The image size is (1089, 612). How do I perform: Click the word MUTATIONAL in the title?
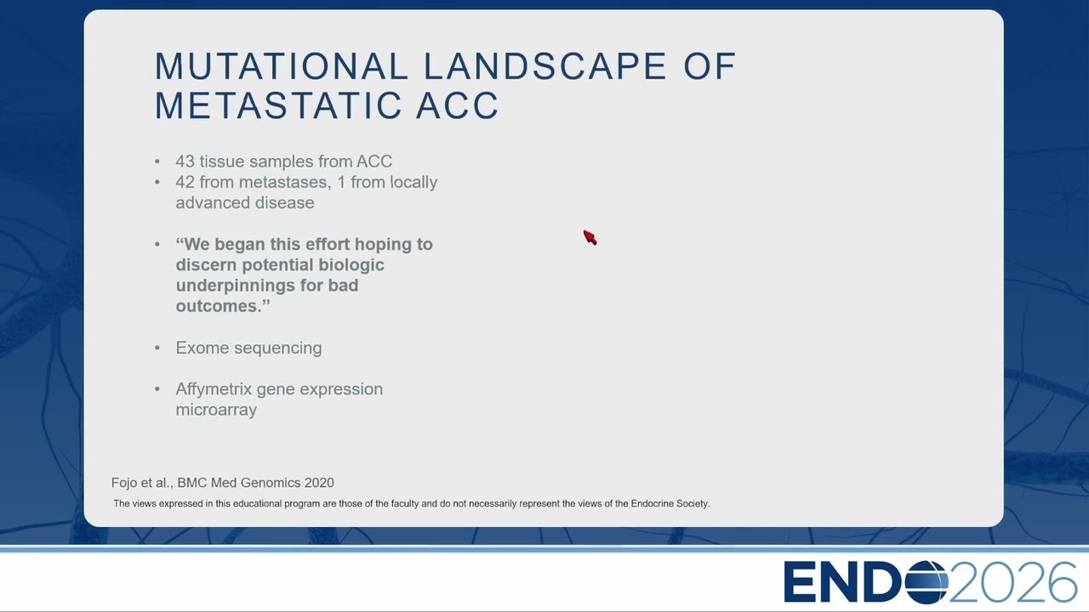click(x=282, y=66)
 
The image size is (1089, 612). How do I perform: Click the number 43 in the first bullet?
click(x=185, y=161)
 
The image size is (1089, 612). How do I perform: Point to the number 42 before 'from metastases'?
click(x=185, y=182)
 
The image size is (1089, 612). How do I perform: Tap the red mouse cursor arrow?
click(x=590, y=237)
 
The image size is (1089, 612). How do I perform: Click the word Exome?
click(x=202, y=348)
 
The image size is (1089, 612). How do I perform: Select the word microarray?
click(x=216, y=411)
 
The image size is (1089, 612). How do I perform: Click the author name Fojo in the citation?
click(x=124, y=483)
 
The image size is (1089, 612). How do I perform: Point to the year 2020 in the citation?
click(x=319, y=483)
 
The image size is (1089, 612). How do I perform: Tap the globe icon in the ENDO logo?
click(x=927, y=582)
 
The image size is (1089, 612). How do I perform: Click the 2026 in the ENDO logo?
click(x=1013, y=582)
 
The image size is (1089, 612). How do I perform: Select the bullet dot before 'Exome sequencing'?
click(x=157, y=348)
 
